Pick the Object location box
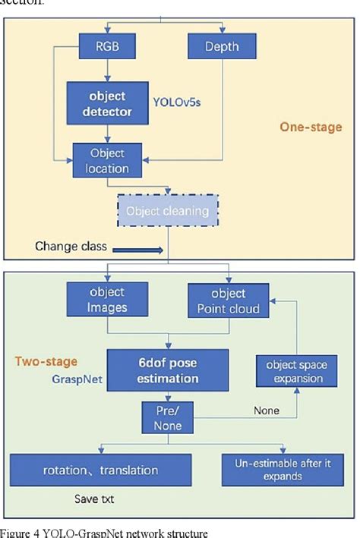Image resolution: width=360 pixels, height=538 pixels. pos(106,161)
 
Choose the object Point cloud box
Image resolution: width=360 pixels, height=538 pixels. pos(229,300)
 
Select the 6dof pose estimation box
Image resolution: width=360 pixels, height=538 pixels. pos(167,370)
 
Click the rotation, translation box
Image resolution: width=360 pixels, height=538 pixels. pos(100,470)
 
